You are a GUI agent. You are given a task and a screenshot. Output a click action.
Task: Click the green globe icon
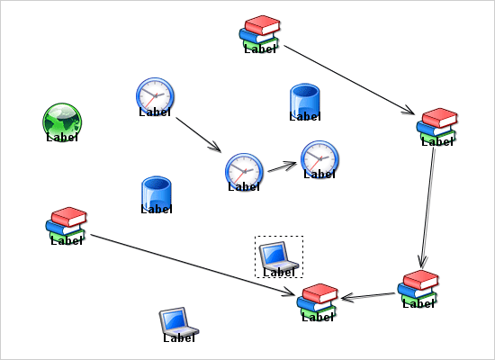pos(62,120)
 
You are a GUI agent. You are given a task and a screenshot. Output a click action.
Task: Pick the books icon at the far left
pos(67,222)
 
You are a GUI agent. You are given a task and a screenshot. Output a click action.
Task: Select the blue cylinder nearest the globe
pos(157,193)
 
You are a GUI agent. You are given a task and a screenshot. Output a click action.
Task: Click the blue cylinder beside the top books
pos(305,100)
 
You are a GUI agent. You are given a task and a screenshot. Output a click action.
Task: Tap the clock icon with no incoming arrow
pos(155,94)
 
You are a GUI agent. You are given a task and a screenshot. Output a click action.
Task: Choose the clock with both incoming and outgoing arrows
pos(243,169)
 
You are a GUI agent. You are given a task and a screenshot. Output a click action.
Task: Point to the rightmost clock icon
pos(319,157)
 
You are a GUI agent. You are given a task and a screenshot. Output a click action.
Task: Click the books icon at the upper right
pos(437,123)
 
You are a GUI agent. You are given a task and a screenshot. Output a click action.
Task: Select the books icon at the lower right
pos(418,285)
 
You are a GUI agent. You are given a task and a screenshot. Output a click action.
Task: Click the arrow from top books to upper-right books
pos(346,79)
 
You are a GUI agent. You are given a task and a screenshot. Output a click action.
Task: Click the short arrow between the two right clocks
pos(281,166)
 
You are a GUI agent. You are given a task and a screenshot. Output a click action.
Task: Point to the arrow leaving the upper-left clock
pos(197,133)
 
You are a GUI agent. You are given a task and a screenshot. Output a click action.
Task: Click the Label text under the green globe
pos(62,138)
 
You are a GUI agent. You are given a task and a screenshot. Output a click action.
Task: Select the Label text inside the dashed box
pos(279,271)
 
